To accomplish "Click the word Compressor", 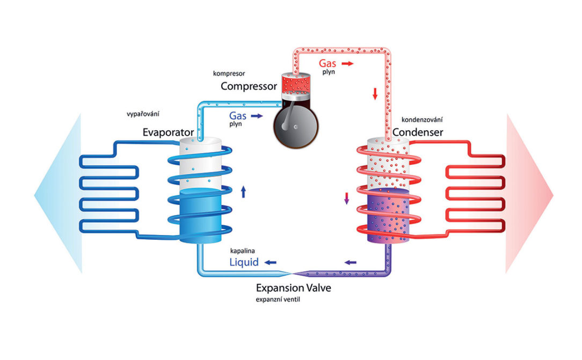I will (x=249, y=86).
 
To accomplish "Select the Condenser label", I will (x=418, y=132).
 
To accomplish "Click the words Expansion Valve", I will (x=293, y=288).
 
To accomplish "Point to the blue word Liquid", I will (x=244, y=262).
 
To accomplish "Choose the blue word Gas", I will (x=238, y=115).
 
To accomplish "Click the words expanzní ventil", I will (x=278, y=299).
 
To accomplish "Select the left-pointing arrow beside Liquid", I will (x=270, y=262).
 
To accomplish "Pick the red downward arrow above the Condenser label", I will (x=375, y=94).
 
